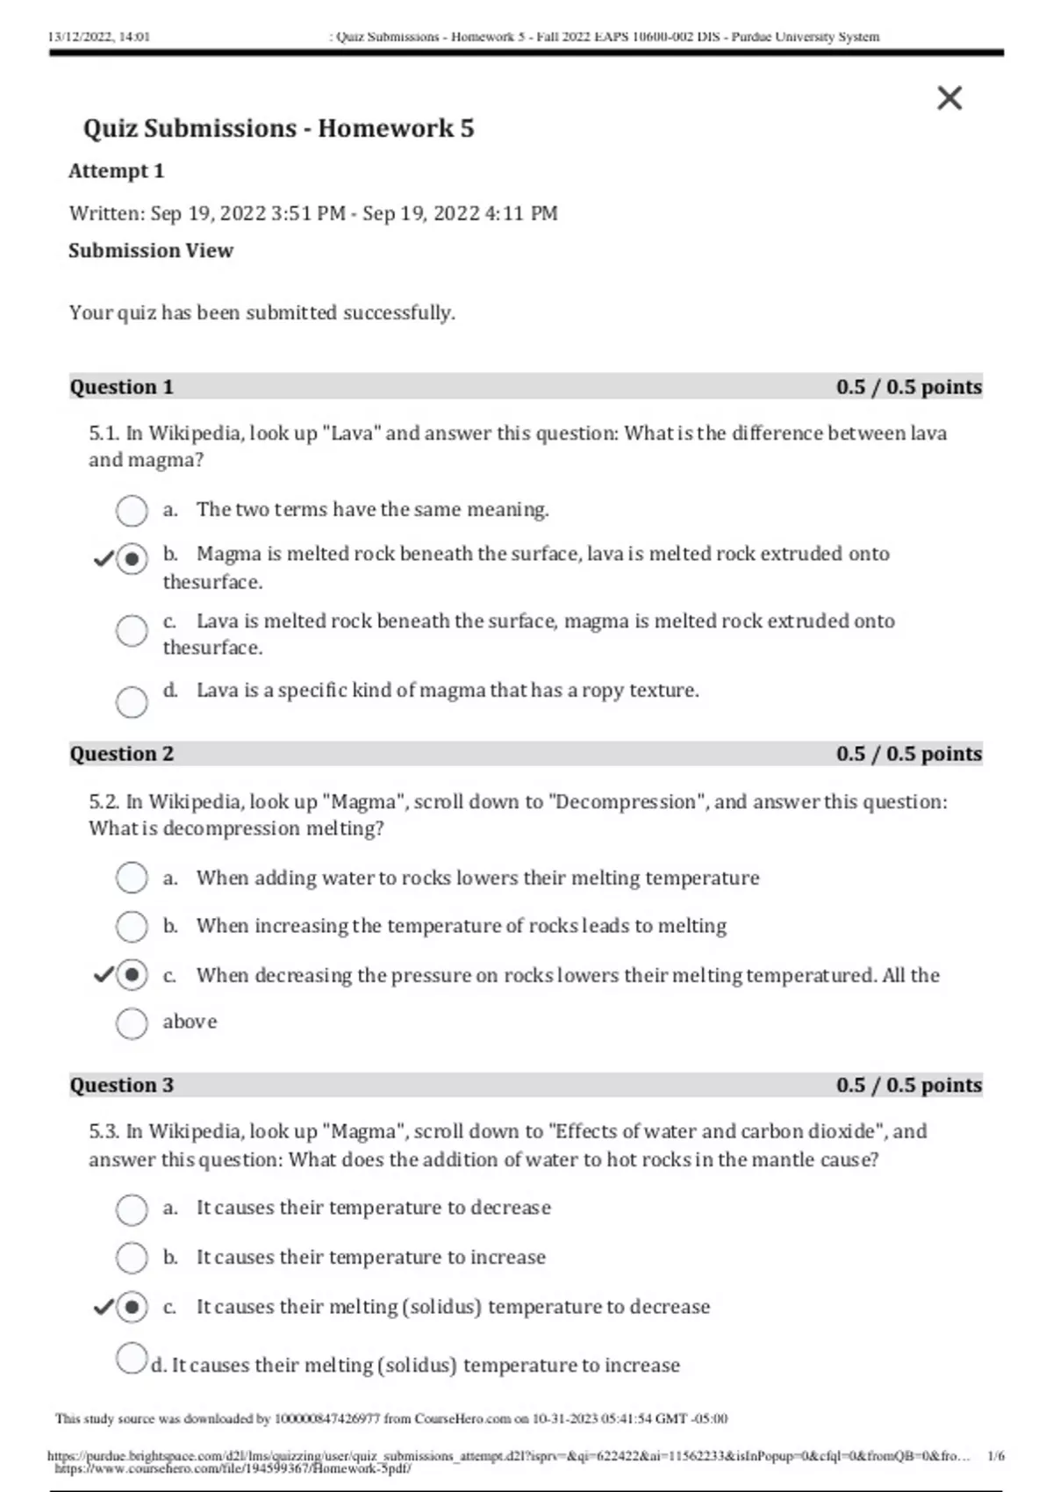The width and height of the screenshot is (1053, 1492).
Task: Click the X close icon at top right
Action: coord(949,98)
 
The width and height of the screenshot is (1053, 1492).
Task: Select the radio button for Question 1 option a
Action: coord(132,511)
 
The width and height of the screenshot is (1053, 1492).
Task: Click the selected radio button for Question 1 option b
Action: coord(132,558)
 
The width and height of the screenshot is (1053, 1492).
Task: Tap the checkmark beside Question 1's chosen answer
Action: coord(104,558)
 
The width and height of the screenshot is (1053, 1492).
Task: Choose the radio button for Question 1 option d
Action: coord(132,701)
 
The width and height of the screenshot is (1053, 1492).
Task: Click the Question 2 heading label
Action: coord(122,754)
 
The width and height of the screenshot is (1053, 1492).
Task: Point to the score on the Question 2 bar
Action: coord(908,754)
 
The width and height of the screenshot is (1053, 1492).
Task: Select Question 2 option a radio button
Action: coord(132,878)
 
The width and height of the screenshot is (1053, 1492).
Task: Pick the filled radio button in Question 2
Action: coord(132,975)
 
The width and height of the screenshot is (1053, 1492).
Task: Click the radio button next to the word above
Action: coord(132,1023)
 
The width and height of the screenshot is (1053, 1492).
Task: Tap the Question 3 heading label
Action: coord(122,1085)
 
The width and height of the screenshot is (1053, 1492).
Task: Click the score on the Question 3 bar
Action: coord(908,1085)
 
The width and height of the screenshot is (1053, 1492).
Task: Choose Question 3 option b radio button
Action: coord(132,1258)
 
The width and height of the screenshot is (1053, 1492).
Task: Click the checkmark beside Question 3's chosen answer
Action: coord(104,1307)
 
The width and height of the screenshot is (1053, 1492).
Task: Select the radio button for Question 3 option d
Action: coord(131,1358)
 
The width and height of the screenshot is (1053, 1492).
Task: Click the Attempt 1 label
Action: coord(116,171)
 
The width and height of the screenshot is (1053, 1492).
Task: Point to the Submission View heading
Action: coord(151,251)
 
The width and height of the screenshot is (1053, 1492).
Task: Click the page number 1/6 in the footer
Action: coord(996,1456)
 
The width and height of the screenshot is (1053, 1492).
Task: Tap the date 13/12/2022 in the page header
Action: coord(77,37)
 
